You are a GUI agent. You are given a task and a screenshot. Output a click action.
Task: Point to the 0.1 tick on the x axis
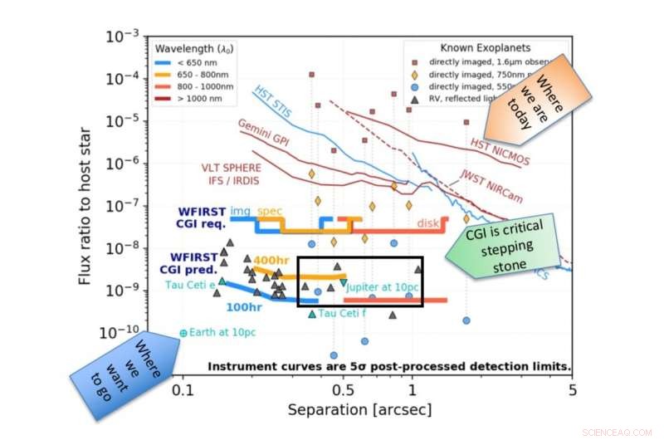click(x=183, y=390)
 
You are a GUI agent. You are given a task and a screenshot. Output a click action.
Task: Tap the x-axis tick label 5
click(x=572, y=390)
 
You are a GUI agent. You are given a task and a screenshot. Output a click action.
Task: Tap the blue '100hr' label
click(x=247, y=307)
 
